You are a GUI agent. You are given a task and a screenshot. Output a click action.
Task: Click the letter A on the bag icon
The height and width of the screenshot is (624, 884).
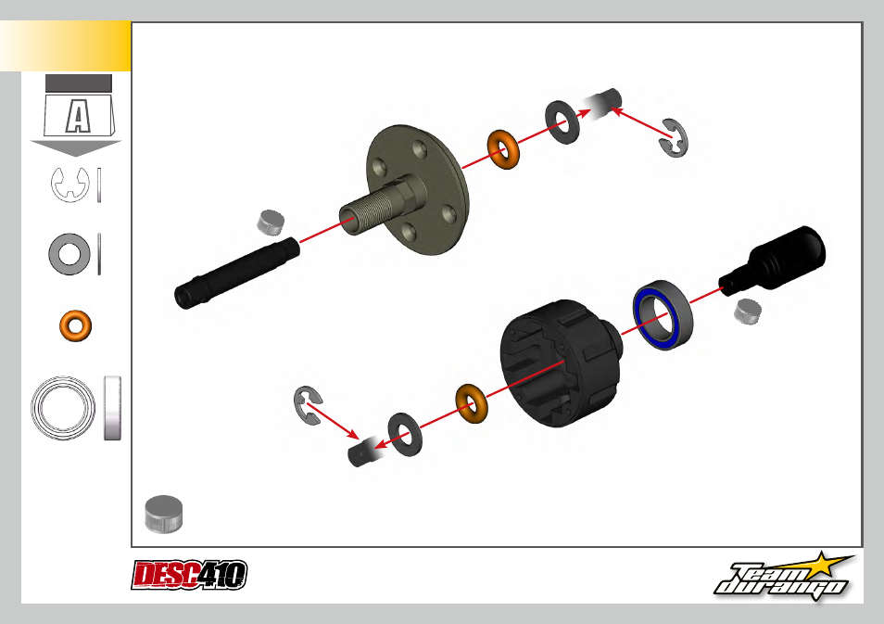78,116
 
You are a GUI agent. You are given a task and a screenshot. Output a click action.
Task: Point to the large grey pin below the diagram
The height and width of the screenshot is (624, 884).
163,514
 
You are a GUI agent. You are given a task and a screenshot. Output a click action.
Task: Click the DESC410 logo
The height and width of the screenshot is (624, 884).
189,575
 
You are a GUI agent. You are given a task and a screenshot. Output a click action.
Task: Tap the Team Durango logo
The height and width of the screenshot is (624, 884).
784,577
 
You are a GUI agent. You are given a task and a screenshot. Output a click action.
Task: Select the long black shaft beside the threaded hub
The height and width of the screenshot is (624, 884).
237,273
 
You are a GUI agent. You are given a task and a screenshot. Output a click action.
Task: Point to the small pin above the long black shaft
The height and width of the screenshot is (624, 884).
271,223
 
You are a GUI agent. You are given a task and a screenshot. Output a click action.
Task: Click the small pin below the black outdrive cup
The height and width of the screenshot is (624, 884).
748,312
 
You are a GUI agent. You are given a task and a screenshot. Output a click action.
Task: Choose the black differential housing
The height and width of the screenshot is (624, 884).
561,363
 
